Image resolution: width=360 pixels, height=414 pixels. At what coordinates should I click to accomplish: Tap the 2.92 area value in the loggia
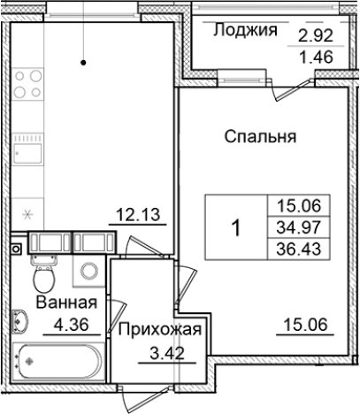tap(316, 37)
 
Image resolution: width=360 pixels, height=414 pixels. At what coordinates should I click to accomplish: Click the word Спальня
tap(259, 137)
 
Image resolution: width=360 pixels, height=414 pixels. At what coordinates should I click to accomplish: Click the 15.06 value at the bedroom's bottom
tap(304, 322)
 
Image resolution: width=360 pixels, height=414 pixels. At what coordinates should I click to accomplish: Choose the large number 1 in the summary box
tap(235, 227)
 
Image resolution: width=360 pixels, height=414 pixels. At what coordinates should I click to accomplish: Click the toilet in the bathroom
tap(41, 277)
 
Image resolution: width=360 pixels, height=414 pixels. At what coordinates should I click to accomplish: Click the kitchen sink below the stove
tap(28, 156)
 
